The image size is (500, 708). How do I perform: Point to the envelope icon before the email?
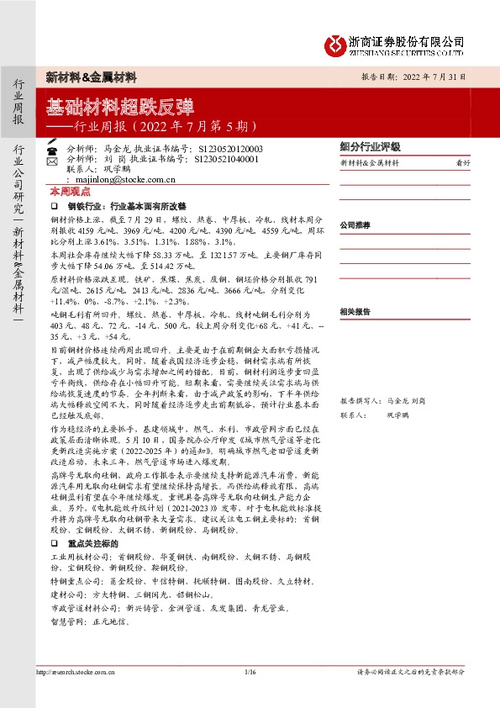click(x=52, y=179)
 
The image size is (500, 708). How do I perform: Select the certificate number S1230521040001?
click(x=226, y=157)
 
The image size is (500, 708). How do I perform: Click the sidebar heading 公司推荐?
click(x=355, y=226)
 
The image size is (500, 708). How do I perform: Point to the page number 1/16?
click(x=249, y=672)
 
